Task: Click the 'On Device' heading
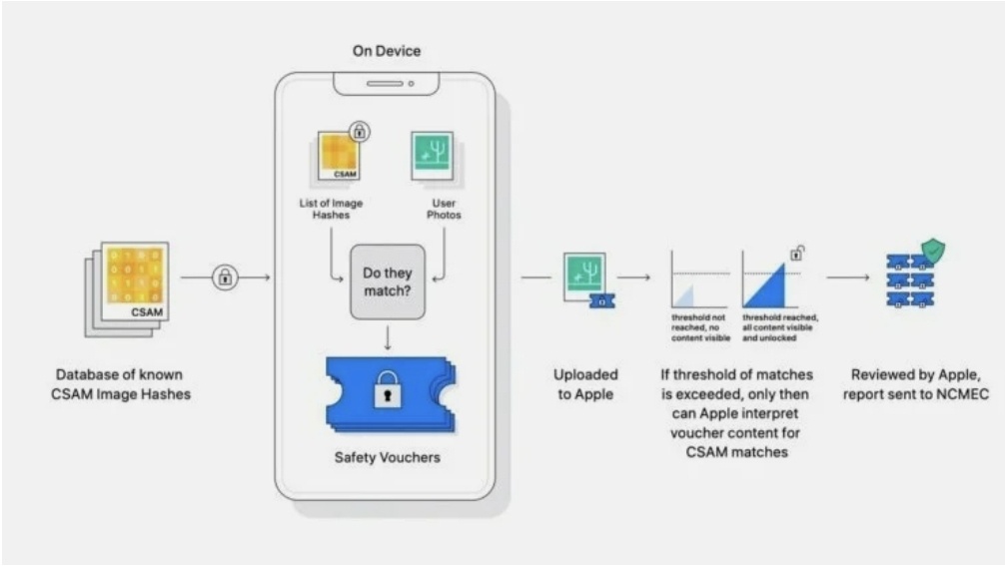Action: click(x=386, y=51)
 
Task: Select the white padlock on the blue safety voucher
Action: click(x=387, y=393)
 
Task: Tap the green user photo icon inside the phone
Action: click(x=432, y=157)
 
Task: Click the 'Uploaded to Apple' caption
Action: click(x=585, y=384)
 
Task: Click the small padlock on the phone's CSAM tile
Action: click(x=358, y=131)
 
